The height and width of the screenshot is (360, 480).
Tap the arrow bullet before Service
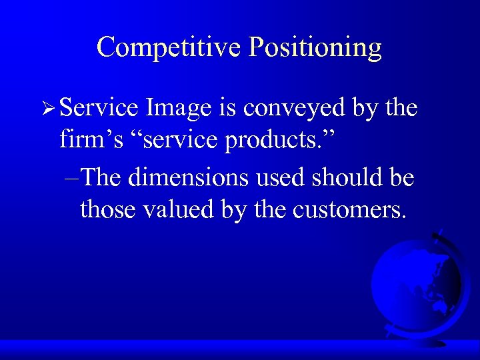[x=47, y=109]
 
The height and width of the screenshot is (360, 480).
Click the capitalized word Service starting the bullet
[x=99, y=108]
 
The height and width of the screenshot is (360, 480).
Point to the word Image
[x=179, y=108]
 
